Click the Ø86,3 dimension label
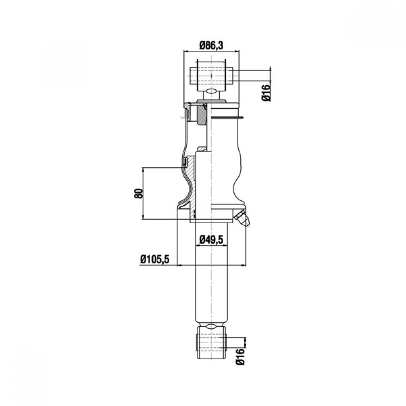[211, 45]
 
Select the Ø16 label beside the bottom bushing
[240, 356]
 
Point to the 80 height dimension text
[138, 193]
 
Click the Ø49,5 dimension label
[212, 240]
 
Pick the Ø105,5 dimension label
[155, 259]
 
